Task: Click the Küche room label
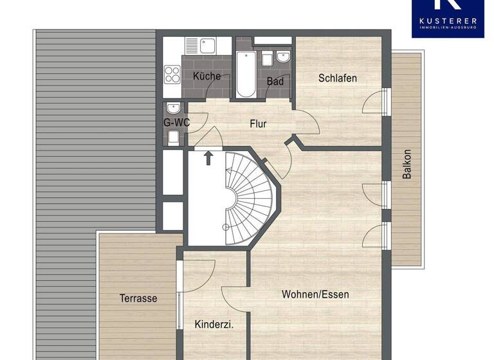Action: (206, 76)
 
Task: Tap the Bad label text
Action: (276, 81)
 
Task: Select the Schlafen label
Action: (338, 78)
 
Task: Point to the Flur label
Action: (258, 124)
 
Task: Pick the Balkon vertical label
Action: (407, 165)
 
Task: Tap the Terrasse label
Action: (138, 298)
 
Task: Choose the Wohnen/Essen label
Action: (315, 294)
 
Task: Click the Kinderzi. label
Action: (214, 325)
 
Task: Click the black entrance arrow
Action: (209, 158)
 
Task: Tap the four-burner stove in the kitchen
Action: (172, 74)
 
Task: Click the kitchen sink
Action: (207, 45)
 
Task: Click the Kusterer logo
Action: (448, 18)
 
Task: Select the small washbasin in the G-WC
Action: (172, 107)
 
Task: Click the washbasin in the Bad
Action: (283, 57)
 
